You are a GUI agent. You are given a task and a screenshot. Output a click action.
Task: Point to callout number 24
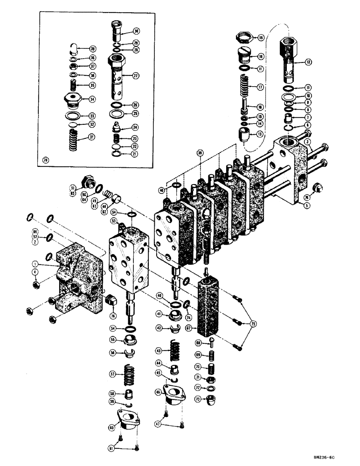135,127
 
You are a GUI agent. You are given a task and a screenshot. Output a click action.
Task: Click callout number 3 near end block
307,141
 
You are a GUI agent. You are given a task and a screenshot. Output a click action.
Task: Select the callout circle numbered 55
112,339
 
